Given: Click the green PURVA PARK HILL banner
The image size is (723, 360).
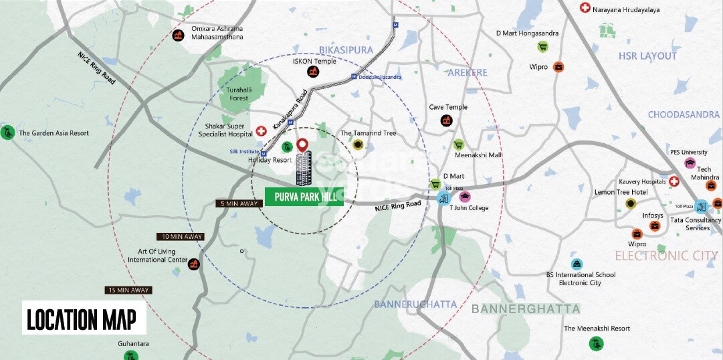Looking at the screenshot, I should tap(304, 197).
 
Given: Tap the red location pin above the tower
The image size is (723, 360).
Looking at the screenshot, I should tap(302, 145).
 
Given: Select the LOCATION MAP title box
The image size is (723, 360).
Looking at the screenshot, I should tap(84, 318).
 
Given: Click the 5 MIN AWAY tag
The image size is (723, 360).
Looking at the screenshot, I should tap(239, 203).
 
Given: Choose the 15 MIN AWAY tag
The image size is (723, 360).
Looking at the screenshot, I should tap(128, 290).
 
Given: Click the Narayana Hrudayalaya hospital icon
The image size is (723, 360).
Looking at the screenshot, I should tap(585, 8).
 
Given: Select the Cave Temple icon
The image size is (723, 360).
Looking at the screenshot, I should tap(446, 120).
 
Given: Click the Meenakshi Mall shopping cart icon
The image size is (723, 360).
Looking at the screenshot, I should tap(459, 145).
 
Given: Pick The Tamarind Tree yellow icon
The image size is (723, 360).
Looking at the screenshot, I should tap(358, 145).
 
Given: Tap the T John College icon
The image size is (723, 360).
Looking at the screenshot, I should tap(465, 196).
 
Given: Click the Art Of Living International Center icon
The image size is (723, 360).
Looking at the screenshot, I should tap(194, 264).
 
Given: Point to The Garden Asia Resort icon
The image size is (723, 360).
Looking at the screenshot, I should tap(7, 132).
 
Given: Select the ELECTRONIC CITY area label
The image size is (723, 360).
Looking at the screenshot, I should tap(666, 256).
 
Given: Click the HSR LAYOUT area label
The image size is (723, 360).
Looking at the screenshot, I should tap(647, 56).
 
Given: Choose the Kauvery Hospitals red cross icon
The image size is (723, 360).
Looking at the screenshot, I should tap(674, 181).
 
